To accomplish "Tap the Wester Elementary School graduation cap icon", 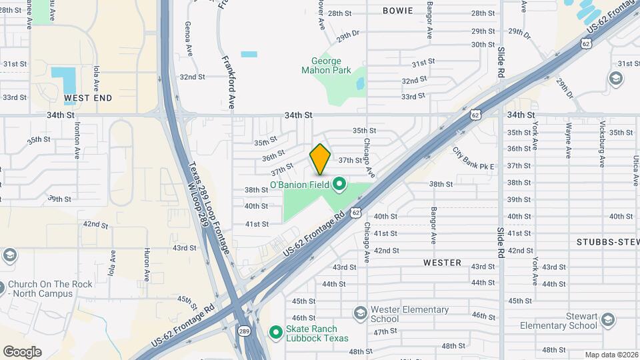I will [360, 313].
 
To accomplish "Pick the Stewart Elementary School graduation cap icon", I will [607, 321].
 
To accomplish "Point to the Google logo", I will [22, 351].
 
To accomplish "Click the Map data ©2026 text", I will [611, 355].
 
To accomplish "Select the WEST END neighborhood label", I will [88, 98].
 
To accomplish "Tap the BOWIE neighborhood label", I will [397, 11].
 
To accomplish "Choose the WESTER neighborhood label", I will [442, 263].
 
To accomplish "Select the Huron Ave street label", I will [147, 264].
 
